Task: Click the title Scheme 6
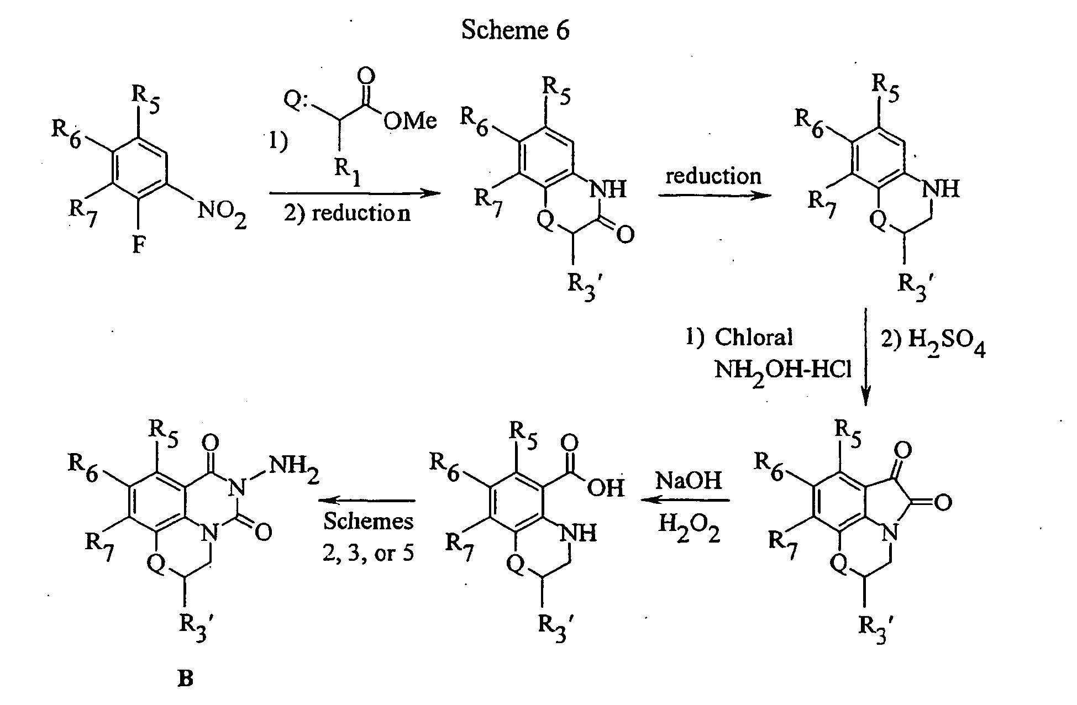click(x=515, y=30)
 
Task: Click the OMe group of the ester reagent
click(x=409, y=120)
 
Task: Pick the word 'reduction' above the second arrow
click(x=713, y=176)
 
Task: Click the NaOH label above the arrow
click(x=689, y=480)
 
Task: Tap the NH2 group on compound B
click(x=294, y=470)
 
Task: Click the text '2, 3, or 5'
click(x=368, y=553)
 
